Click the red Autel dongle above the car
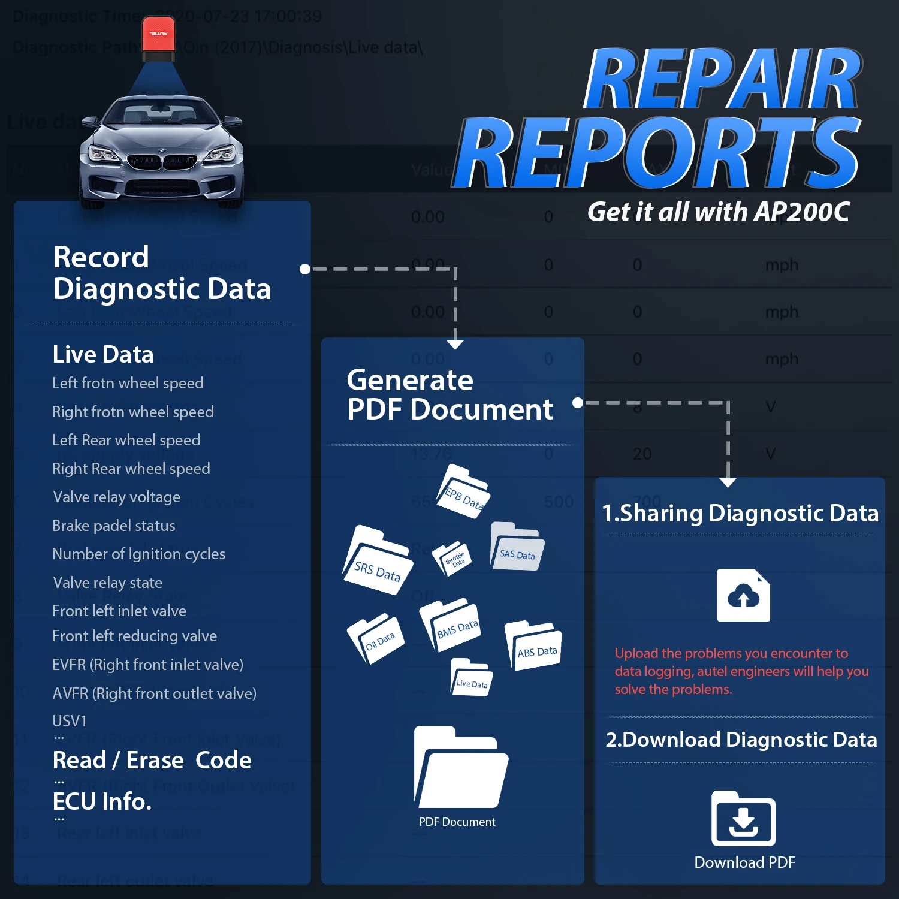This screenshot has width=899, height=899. (x=159, y=39)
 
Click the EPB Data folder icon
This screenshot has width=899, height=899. (x=463, y=492)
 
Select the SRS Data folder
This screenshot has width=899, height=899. (x=378, y=562)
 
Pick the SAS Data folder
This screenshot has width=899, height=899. (x=517, y=547)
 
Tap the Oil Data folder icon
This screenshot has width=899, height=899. (x=376, y=639)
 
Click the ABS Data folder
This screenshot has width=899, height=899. (x=533, y=645)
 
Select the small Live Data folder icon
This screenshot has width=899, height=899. (x=471, y=677)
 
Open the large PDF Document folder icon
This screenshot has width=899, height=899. (x=460, y=768)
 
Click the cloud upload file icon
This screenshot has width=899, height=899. (x=743, y=595)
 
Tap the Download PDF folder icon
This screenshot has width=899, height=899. (x=743, y=819)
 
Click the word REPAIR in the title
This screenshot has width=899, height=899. (x=722, y=79)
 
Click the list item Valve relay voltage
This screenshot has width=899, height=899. (x=116, y=497)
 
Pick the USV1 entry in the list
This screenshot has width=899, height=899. (x=70, y=720)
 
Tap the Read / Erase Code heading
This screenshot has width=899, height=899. (x=152, y=760)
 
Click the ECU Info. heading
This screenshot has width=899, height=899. (x=102, y=801)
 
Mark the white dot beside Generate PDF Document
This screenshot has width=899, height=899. (x=577, y=403)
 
